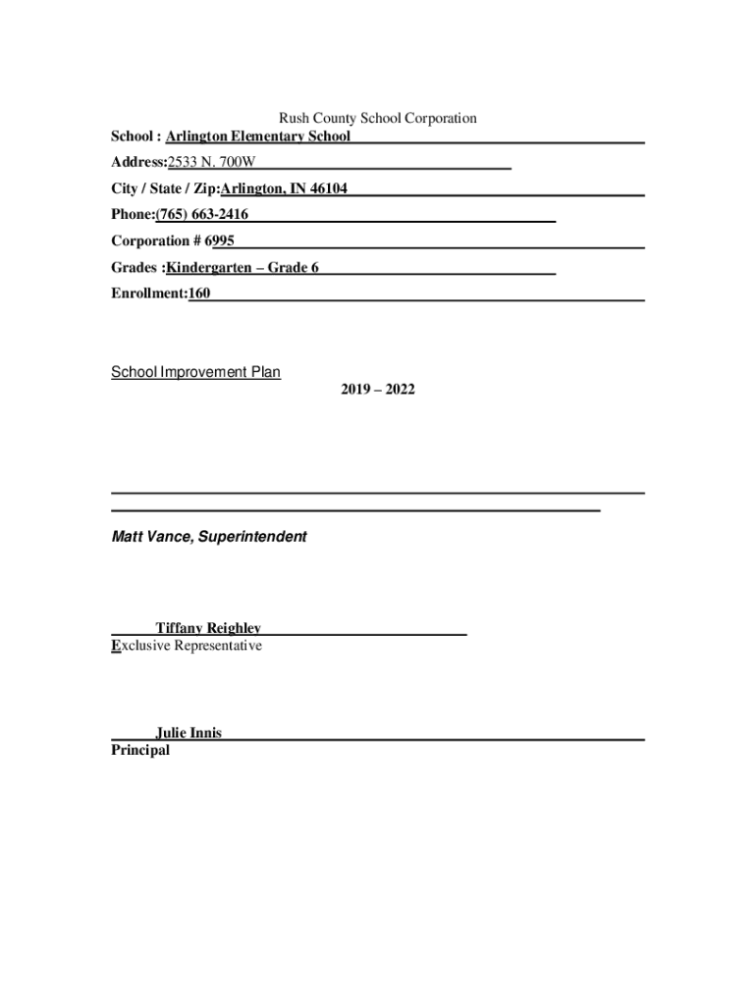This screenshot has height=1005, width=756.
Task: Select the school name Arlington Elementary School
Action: [258, 136]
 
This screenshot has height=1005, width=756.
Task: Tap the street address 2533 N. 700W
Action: [211, 162]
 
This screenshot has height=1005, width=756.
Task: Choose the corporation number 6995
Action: [219, 240]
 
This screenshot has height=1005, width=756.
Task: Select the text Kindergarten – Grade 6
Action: [243, 267]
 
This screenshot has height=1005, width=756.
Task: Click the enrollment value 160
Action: [199, 292]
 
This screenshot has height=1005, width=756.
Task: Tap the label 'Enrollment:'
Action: [149, 292]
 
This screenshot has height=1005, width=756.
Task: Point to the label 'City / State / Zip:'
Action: [165, 188]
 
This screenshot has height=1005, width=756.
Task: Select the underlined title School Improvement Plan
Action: [195, 372]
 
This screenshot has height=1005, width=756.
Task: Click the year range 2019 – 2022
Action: [378, 390]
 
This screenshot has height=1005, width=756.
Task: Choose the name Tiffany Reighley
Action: [208, 628]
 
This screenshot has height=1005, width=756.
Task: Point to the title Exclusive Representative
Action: [187, 646]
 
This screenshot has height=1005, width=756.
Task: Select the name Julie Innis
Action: [189, 733]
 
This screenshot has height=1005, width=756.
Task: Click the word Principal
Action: [140, 750]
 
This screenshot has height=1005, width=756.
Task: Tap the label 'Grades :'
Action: [136, 267]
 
